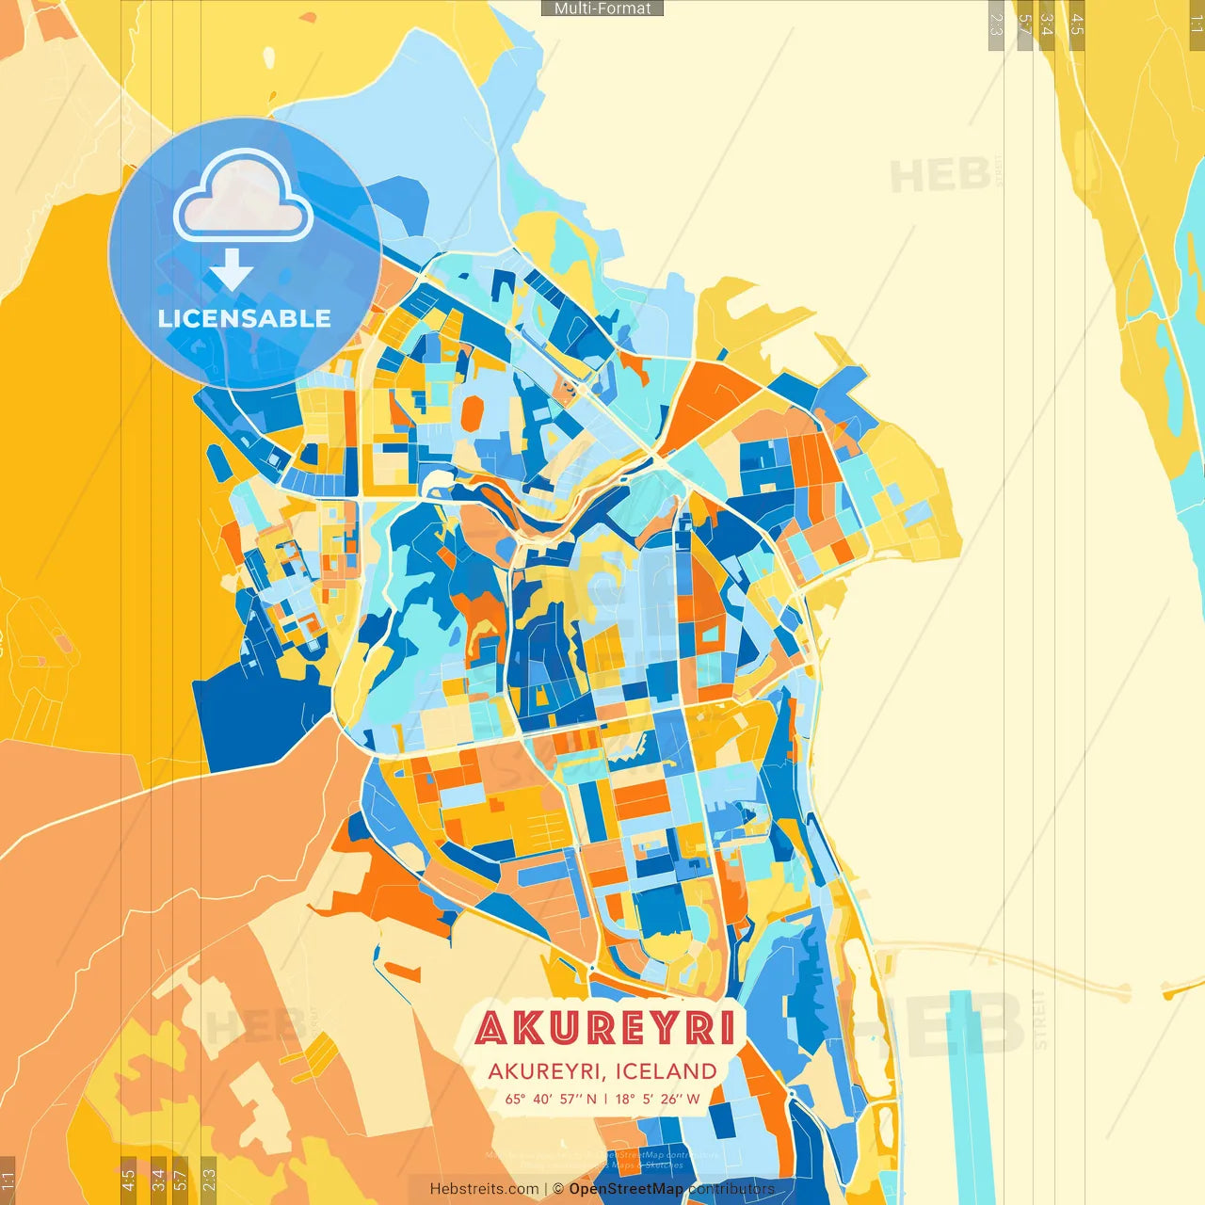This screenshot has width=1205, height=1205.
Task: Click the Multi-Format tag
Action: (602, 8)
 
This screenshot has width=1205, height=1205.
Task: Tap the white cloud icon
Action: (243, 200)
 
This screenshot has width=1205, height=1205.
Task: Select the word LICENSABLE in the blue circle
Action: (244, 318)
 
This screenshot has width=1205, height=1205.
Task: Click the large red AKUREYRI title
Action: (604, 1028)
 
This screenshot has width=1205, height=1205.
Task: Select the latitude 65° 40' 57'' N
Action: (551, 1099)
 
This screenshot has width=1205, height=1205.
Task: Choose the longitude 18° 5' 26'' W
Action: (658, 1099)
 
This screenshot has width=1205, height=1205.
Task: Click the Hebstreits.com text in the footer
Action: (484, 1189)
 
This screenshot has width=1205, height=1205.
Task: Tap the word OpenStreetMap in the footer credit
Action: (625, 1189)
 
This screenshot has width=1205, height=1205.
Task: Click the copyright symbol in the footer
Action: (557, 1189)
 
